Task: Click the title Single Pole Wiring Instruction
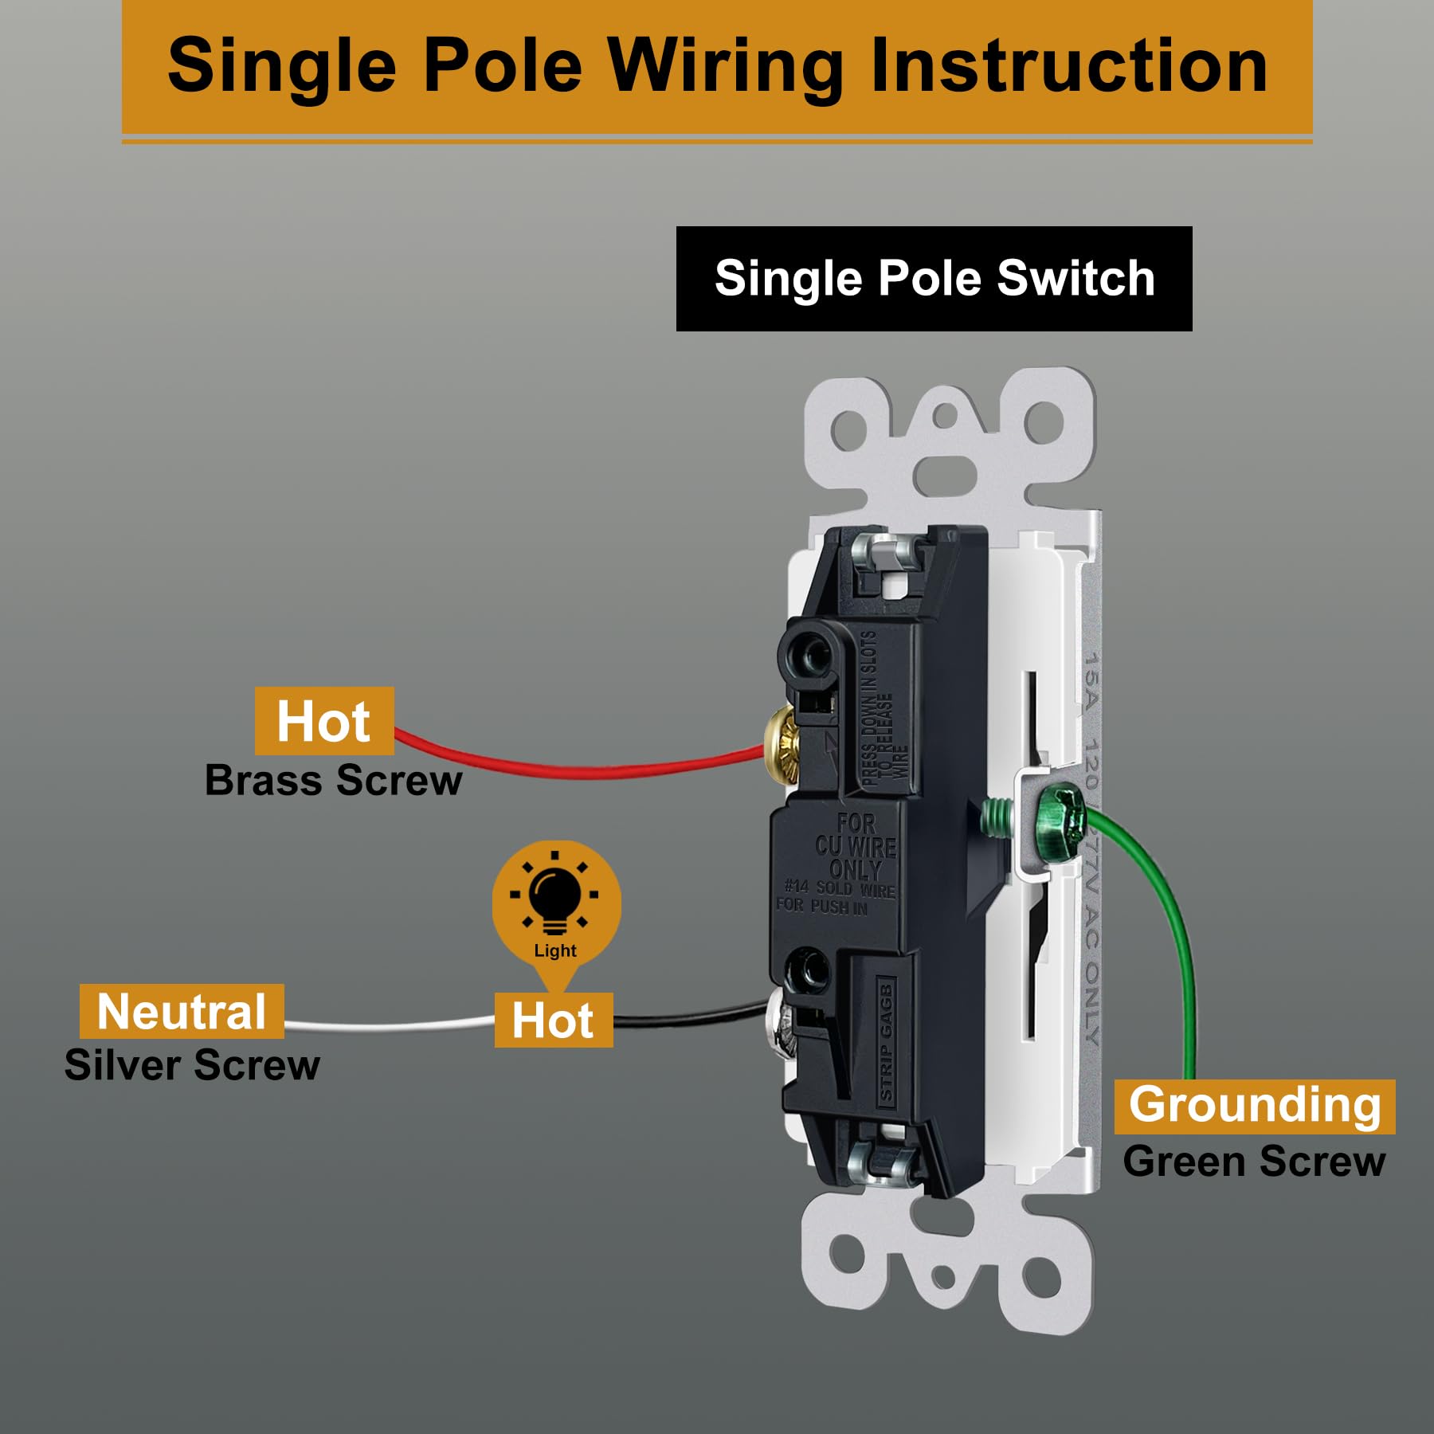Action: [x=717, y=65]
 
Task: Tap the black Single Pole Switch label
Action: [x=934, y=279]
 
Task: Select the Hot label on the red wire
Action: [x=323, y=721]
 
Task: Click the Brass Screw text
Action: [x=333, y=781]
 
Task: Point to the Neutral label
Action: [x=182, y=1012]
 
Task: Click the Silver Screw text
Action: [x=192, y=1065]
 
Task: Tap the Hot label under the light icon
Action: [x=553, y=1021]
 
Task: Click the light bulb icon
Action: [x=555, y=898]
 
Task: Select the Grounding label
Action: [x=1254, y=1106]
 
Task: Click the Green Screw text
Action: [x=1254, y=1162]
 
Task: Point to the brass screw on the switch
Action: [x=781, y=745]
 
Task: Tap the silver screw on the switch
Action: [x=780, y=1028]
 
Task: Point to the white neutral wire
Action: [x=390, y=1025]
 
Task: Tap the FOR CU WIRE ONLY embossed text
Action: [x=854, y=847]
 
